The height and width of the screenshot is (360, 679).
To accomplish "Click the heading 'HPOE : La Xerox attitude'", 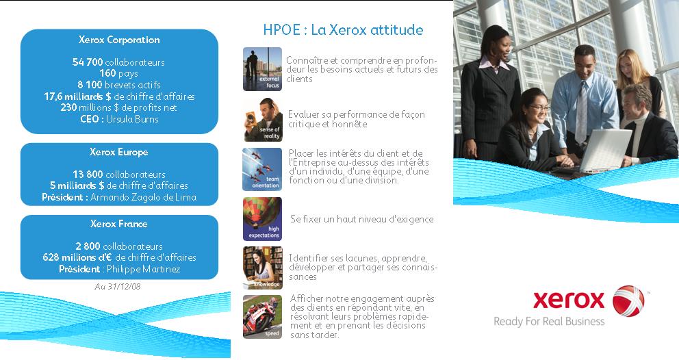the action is click(343, 29).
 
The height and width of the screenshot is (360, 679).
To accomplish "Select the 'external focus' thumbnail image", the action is click(262, 69).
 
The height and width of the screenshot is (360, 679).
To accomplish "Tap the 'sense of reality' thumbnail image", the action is click(262, 119).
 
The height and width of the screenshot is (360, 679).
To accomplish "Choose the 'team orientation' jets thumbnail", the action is click(262, 169).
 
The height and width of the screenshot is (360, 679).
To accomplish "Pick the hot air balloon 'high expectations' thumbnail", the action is click(262, 219).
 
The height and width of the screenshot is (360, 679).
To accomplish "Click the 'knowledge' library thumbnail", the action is click(262, 268).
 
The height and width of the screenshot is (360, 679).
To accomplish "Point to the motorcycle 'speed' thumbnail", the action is click(262, 317).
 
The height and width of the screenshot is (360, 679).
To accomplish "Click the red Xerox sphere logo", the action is click(628, 300).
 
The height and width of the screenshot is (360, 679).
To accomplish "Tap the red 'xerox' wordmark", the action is click(569, 300).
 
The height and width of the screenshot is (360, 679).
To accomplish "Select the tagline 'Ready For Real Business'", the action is click(549, 322).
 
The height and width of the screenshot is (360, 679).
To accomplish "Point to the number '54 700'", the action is click(88, 62).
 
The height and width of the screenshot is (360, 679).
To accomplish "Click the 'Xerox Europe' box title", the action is click(118, 152).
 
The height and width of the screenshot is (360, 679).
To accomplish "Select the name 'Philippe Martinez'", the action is click(143, 269).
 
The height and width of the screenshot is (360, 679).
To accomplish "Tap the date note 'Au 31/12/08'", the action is click(118, 286).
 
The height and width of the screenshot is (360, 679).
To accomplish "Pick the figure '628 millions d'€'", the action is click(77, 257).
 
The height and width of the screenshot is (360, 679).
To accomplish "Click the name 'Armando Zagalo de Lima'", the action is click(143, 197).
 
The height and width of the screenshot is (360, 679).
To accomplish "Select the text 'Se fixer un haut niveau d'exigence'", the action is click(362, 219).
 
